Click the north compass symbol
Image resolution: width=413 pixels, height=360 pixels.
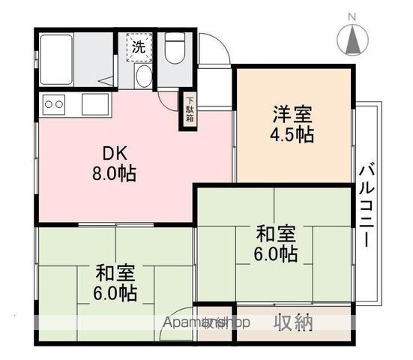(x=352, y=39)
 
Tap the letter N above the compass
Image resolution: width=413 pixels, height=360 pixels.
(x=352, y=16)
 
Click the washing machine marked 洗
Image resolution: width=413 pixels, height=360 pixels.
(x=139, y=46)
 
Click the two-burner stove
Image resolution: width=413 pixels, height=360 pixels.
(x=55, y=103)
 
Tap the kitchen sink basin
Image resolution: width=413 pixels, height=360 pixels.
(x=95, y=103)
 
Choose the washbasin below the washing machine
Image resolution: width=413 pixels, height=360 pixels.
(x=143, y=76)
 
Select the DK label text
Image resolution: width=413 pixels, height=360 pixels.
(x=115, y=154)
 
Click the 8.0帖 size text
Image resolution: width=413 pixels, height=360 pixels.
(x=115, y=174)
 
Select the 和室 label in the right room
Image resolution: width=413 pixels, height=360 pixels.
(x=275, y=233)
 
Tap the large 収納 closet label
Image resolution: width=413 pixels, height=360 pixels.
(x=292, y=323)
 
